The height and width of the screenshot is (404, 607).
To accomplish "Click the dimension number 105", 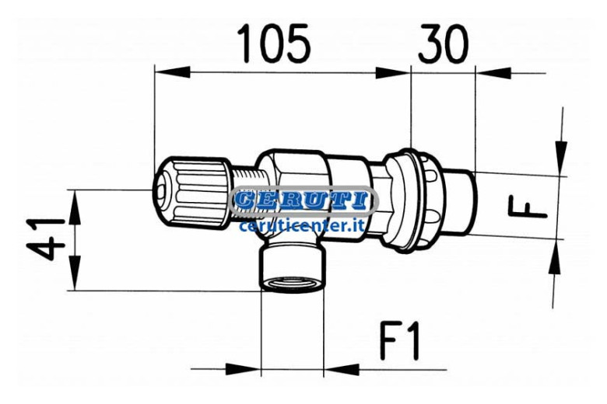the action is click(x=274, y=44).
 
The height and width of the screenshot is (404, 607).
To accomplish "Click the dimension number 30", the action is click(x=443, y=44).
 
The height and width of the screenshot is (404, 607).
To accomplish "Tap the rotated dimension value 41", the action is click(x=45, y=239).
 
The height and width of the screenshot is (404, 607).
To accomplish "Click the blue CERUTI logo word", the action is click(x=303, y=200).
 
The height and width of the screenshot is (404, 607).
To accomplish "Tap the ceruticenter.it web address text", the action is click(x=303, y=225).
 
